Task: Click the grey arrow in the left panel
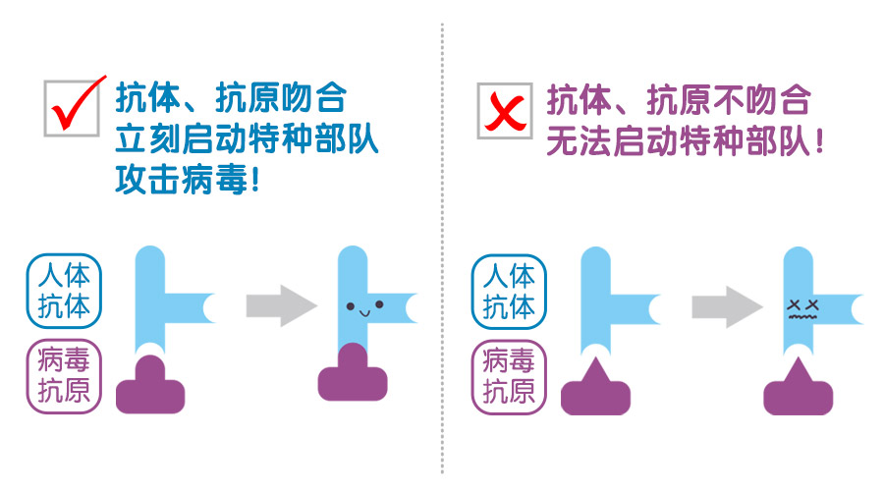tap(281, 305)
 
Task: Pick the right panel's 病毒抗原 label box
tap(509, 375)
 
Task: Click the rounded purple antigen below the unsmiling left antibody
tap(150, 389)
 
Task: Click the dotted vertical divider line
tap(442, 245)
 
